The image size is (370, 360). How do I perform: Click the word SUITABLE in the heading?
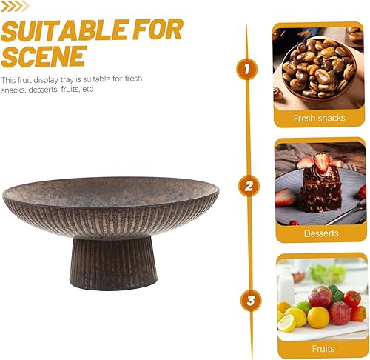click(x=65, y=30)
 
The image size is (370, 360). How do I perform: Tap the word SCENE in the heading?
click(x=44, y=56)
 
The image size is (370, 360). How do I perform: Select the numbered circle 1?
click(x=246, y=69)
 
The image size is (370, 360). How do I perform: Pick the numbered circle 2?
click(x=249, y=186)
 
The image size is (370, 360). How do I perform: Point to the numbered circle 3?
click(x=251, y=301)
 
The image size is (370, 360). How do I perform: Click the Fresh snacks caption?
click(x=319, y=118)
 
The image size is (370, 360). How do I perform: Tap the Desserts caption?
click(x=321, y=233)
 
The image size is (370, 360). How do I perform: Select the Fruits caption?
click(x=323, y=349)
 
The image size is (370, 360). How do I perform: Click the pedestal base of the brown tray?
click(x=113, y=263)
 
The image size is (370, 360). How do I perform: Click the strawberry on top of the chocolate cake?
click(x=322, y=162)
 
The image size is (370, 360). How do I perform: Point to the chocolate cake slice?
click(x=321, y=189)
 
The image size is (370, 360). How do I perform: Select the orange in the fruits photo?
click(x=318, y=317)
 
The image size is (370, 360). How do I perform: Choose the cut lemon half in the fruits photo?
click(x=286, y=323)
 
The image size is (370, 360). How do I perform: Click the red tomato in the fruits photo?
click(x=352, y=299)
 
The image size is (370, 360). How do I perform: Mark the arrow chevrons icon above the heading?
click(x=15, y=6)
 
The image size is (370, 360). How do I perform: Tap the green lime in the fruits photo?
click(x=303, y=307)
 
